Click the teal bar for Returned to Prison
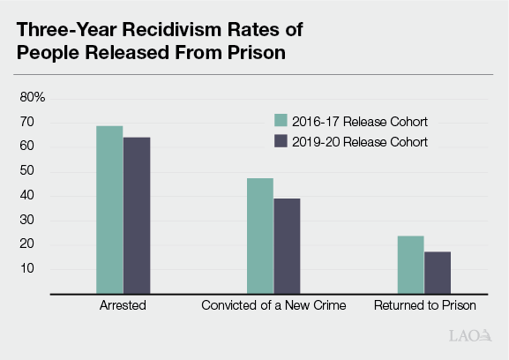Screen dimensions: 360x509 (410, 263)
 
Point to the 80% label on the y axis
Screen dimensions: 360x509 (33, 96)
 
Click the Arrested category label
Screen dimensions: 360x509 (123, 306)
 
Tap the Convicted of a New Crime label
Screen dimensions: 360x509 (273, 306)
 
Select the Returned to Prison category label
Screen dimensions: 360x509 (424, 306)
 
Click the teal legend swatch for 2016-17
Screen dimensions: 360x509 (281, 121)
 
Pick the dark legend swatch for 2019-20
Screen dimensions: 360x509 (281, 141)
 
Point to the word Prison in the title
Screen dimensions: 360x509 (261, 52)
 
